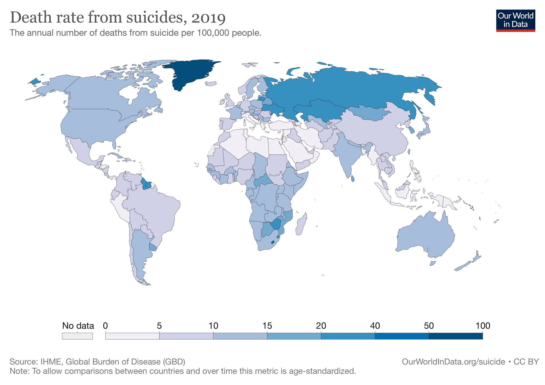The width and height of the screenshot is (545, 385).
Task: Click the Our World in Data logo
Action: [515, 20]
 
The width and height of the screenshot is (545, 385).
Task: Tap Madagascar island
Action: [301, 226]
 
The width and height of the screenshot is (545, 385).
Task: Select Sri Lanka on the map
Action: [353, 179]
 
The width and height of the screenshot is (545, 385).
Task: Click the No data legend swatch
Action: [77, 336]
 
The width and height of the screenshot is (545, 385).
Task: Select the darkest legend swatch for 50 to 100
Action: [455, 336]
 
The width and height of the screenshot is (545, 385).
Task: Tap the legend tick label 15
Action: [267, 326]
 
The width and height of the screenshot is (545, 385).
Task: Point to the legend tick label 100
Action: [483, 326]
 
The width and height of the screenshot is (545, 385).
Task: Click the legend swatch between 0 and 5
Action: [132, 336]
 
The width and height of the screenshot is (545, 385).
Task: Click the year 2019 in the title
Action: [208, 18]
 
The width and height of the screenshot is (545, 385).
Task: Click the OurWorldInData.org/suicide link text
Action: [453, 362]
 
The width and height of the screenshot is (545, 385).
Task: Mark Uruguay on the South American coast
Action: [153, 247]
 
